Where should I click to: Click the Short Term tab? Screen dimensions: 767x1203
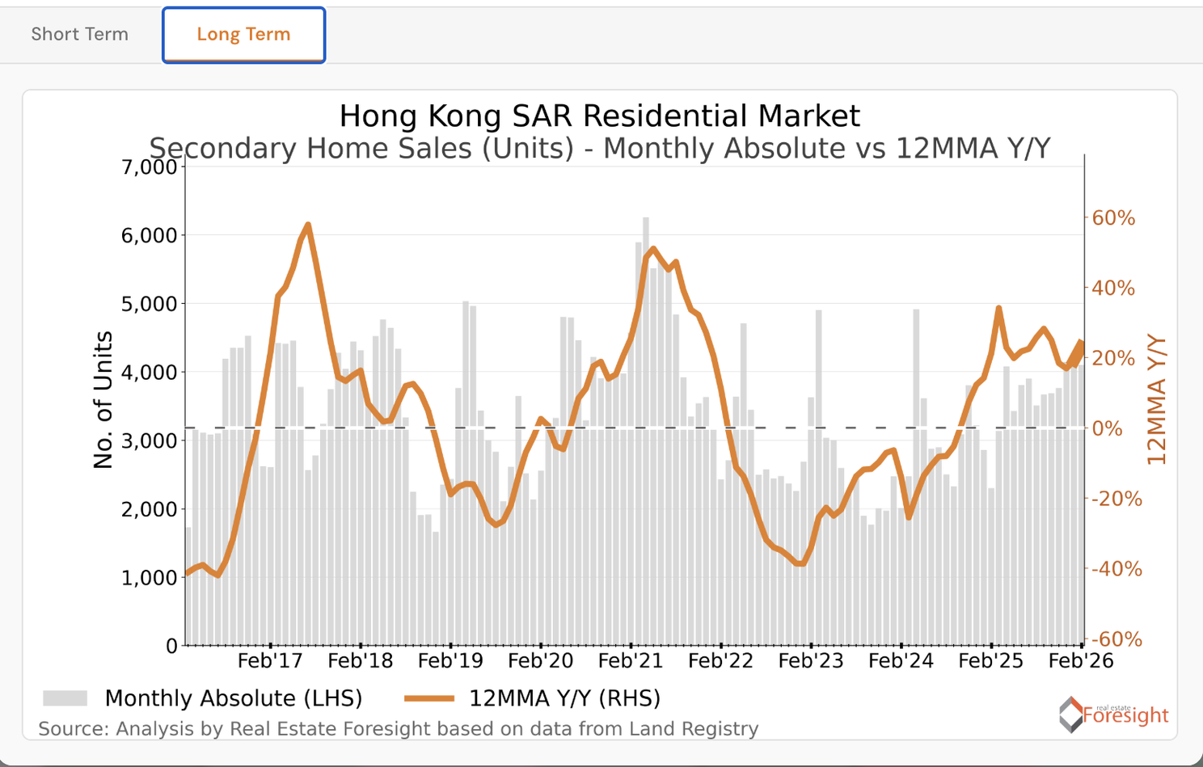(x=79, y=35)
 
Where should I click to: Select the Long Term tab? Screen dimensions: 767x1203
(x=243, y=35)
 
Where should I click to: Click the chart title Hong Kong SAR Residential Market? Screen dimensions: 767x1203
(x=599, y=116)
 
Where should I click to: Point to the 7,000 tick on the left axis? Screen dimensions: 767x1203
(x=149, y=167)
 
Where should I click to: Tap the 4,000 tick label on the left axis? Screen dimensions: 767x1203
(x=149, y=373)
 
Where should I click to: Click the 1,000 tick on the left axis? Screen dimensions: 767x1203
(x=149, y=578)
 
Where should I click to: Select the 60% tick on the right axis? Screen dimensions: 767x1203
(x=1113, y=218)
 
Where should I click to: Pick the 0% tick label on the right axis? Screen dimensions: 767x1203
(x=1107, y=428)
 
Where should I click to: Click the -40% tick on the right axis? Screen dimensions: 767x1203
(x=1116, y=569)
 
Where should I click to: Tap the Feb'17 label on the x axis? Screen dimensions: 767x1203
(x=270, y=661)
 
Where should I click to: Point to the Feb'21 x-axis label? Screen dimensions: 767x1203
(x=631, y=661)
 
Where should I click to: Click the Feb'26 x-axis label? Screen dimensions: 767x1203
(x=1080, y=661)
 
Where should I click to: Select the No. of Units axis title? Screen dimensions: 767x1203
(x=103, y=400)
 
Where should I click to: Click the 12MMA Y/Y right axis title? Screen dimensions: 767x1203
(x=1157, y=400)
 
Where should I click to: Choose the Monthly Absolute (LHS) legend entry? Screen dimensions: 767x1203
(x=202, y=698)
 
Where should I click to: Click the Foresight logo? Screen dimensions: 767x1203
(x=1113, y=714)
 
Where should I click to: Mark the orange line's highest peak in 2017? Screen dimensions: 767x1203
(x=308, y=225)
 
